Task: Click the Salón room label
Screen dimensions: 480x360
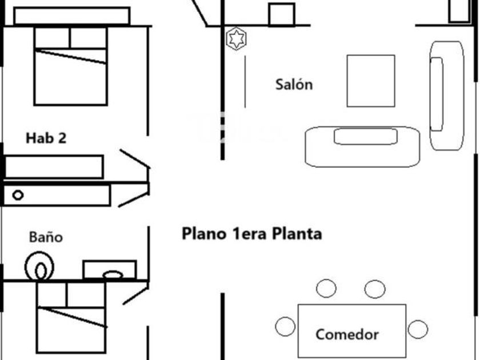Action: [294, 85]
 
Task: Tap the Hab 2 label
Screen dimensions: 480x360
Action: [46, 138]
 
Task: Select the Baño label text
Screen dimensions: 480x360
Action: [46, 237]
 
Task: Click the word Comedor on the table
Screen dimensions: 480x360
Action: [347, 334]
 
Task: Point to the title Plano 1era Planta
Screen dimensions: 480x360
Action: [251, 234]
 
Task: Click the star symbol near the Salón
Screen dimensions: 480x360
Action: [235, 39]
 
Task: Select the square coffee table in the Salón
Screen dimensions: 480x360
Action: [370, 81]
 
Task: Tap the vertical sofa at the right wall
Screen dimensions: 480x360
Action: [447, 95]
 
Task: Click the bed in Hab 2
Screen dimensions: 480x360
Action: [70, 66]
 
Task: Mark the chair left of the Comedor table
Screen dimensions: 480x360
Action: [285, 327]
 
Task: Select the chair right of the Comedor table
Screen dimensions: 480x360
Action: [418, 329]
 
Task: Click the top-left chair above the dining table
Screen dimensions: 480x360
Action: [326, 289]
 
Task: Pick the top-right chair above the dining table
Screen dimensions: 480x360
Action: [375, 289]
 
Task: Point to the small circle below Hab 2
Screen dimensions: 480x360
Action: [18, 195]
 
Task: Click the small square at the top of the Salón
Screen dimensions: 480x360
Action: [282, 14]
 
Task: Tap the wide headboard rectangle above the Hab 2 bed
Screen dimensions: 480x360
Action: [71, 16]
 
